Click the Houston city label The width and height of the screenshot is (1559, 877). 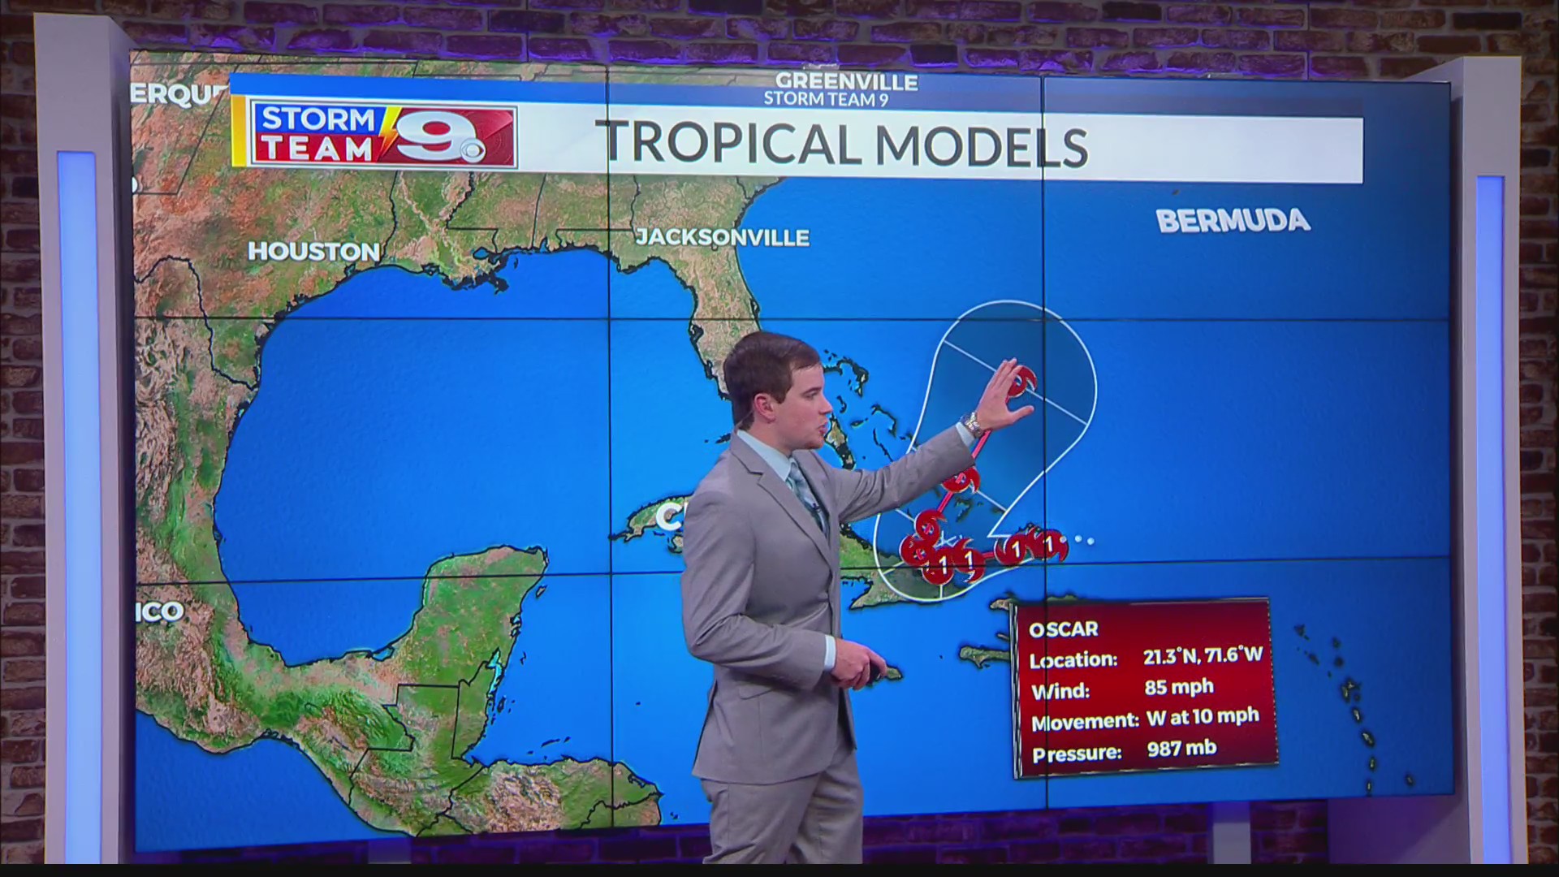tap(313, 252)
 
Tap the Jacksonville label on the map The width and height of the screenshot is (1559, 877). tap(722, 237)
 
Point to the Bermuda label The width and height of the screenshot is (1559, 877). tap(1233, 221)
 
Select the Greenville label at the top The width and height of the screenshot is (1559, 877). tap(846, 82)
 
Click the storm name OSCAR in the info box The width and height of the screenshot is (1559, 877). tap(1063, 629)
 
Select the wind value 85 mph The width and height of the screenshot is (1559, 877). tap(1178, 688)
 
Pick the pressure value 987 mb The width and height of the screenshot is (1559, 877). tap(1181, 749)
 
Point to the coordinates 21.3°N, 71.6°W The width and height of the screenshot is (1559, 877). tap(1203, 656)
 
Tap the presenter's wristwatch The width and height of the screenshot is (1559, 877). tap(970, 423)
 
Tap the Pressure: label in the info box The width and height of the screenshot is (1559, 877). tap(1076, 754)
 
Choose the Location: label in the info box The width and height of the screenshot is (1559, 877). tap(1073, 660)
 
